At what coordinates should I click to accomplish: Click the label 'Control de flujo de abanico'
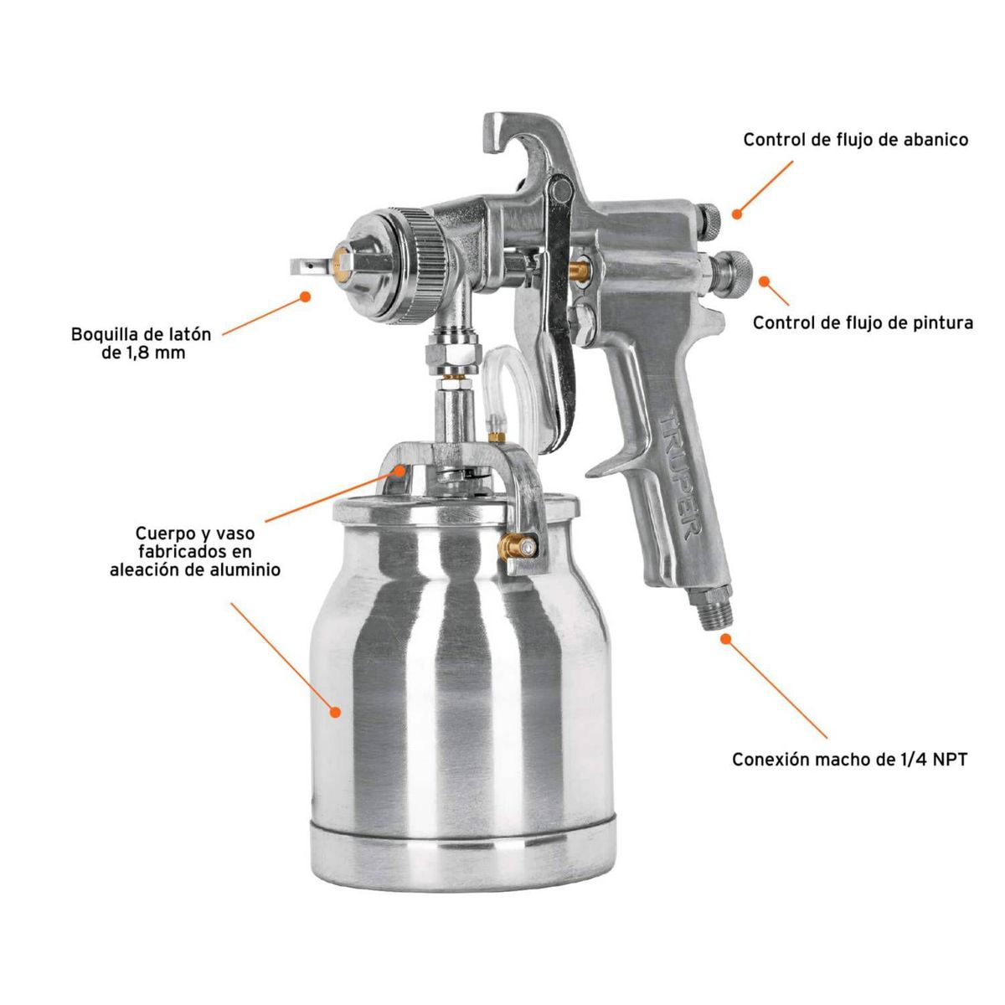pos(855,140)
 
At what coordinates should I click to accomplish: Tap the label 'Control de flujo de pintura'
pos(863,322)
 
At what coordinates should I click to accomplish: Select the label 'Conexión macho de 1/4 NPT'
pos(849,760)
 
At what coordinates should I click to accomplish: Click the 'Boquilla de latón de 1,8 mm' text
pos(141,343)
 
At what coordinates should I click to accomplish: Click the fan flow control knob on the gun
pos(709,222)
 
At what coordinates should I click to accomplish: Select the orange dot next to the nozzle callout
pos(305,296)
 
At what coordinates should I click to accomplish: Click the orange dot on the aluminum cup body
pos(336,711)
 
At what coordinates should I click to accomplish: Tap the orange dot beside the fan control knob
pos(737,214)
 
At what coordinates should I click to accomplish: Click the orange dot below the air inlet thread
pos(725,638)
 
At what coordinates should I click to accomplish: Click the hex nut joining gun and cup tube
pos(451,353)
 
